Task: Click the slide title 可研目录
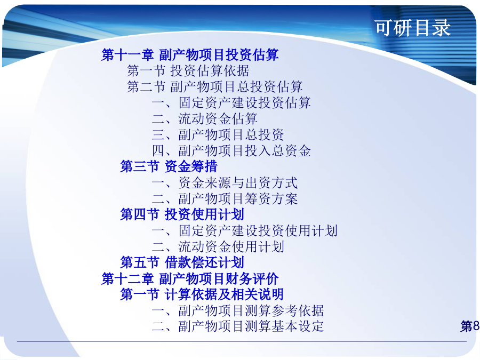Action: coord(413,28)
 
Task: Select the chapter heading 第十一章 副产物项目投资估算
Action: coord(190,55)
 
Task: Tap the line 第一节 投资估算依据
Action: coord(188,71)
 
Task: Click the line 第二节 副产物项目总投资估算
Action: coord(215,86)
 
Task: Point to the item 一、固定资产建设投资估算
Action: coord(231,102)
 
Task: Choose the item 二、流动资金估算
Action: coord(205,119)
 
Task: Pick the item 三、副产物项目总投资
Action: coord(218,135)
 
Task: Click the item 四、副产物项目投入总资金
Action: coord(231,150)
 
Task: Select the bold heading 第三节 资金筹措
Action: coord(169,166)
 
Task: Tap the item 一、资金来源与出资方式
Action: coord(225,183)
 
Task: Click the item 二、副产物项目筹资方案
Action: coord(225,199)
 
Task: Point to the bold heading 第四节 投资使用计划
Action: coord(182,214)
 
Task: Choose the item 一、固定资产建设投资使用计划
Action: coord(245,230)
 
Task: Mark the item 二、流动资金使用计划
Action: coord(218,246)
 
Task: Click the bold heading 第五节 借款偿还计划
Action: coord(182,262)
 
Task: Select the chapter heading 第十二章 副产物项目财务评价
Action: coord(190,278)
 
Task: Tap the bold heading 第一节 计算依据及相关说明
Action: coord(202,294)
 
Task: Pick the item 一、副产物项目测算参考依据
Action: coord(238,310)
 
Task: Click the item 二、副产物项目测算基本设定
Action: coord(238,326)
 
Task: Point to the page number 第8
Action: coord(470,326)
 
